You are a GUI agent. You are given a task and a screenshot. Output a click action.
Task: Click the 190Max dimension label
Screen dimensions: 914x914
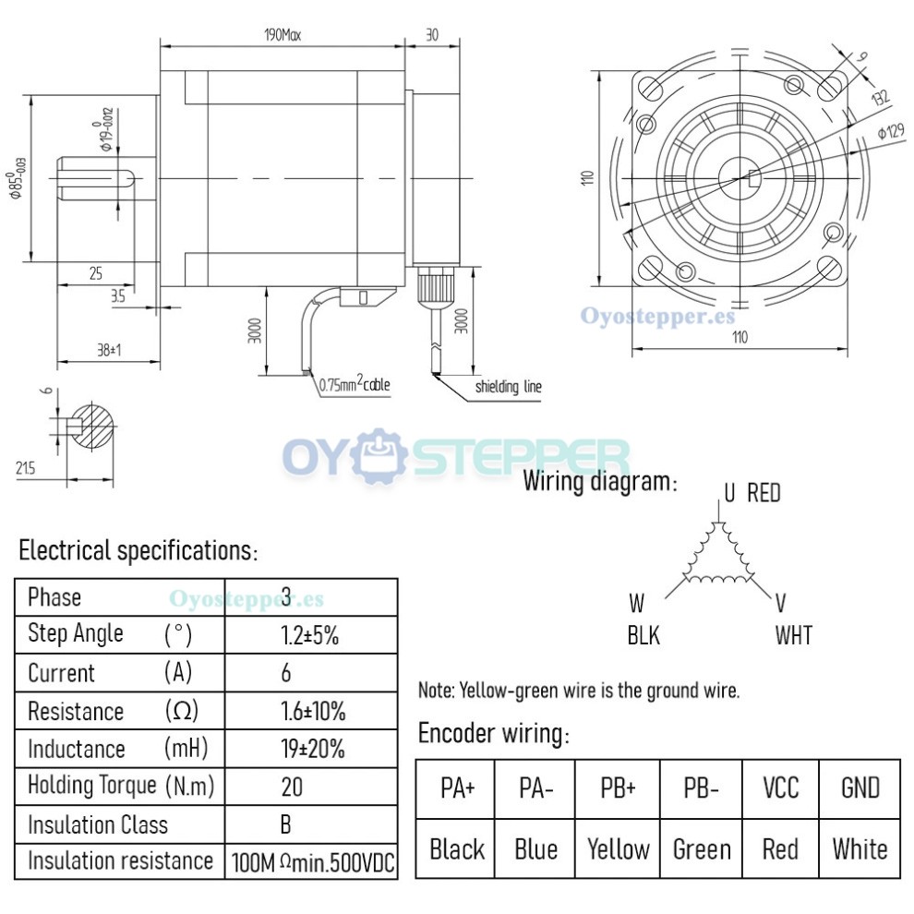(283, 36)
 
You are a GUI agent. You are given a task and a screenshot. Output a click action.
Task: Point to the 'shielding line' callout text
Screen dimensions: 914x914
(508, 387)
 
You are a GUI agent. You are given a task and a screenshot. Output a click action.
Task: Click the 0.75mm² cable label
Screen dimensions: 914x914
(355, 385)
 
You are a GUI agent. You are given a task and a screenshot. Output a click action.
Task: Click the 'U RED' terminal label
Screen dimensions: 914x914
(752, 493)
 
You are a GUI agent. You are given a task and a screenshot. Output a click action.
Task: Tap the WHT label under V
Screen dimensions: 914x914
(793, 635)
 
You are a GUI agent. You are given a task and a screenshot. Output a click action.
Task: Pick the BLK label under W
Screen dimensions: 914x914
(643, 635)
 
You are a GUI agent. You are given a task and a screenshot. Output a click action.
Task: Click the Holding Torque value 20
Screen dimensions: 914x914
(291, 787)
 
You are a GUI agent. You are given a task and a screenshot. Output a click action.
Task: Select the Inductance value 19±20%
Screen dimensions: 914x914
(312, 749)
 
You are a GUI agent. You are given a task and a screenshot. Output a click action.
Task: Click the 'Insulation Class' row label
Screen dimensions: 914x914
(98, 824)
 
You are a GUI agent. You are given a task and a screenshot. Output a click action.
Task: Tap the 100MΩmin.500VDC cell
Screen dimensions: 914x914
(312, 862)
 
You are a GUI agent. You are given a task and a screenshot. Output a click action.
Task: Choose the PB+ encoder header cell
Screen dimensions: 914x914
(619, 788)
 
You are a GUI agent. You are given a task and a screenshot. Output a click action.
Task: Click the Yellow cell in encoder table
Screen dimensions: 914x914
(619, 848)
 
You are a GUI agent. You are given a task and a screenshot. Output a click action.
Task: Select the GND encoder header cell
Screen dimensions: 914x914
(860, 788)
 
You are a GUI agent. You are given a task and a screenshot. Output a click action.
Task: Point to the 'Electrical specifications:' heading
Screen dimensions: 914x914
(138, 551)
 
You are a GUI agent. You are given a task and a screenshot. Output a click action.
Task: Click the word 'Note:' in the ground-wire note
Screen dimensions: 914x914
(436, 690)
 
